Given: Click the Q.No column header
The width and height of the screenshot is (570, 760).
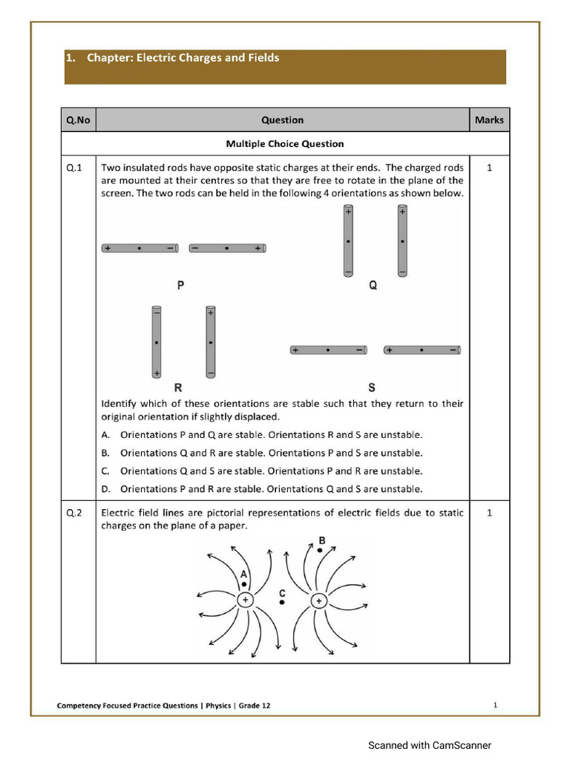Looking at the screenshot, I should [x=78, y=119].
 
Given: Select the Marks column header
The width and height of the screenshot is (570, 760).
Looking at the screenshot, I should [x=489, y=119].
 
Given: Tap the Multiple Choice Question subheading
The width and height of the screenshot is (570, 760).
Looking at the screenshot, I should [x=284, y=143].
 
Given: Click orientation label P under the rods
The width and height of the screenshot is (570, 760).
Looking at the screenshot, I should [x=180, y=285].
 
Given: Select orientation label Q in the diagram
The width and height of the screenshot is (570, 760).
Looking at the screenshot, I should [x=373, y=285].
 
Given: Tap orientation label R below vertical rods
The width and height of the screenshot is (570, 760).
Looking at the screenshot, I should [x=178, y=387].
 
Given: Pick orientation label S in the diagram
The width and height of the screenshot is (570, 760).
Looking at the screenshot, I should [x=371, y=387].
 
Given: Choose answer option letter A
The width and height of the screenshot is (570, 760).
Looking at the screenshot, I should [x=105, y=435].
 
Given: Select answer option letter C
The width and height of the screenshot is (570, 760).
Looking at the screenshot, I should [x=105, y=471].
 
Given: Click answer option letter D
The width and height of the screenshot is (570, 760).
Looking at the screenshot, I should [x=105, y=489].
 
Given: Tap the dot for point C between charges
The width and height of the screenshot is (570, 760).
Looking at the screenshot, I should [x=282, y=603].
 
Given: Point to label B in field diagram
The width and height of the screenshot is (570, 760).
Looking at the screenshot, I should [x=321, y=540].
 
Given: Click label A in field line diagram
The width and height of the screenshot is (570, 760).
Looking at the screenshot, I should [x=243, y=574].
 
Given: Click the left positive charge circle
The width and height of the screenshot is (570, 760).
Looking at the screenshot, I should [x=245, y=600].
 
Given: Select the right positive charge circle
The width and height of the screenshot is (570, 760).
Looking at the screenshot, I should [x=318, y=600].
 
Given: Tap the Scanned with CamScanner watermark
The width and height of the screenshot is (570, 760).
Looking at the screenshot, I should [x=430, y=745].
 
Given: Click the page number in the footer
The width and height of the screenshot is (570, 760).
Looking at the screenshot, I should [x=495, y=705].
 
